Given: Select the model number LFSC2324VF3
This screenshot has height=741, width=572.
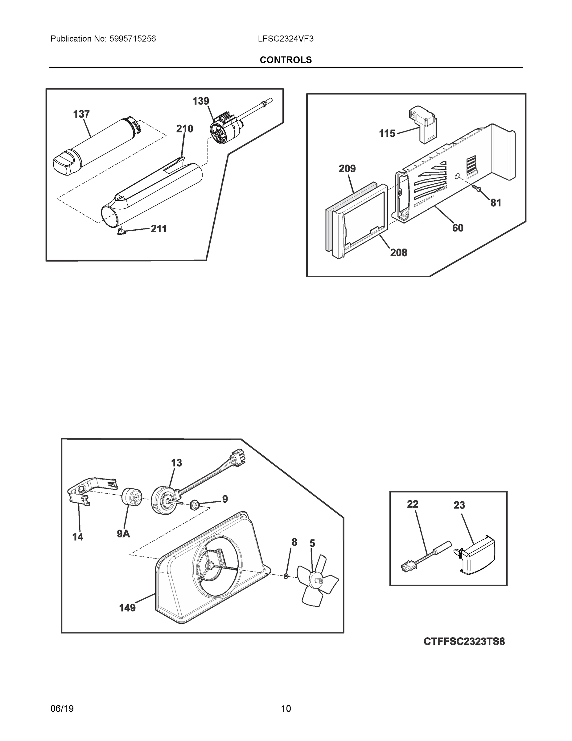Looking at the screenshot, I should pos(285,39).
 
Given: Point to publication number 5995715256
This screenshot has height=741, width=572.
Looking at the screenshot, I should pos(132,39).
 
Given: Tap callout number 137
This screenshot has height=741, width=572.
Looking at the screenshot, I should pos(81,114).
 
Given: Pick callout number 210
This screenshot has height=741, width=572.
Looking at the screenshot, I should pos(184,129).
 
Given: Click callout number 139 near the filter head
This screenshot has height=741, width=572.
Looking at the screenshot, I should pos(201,101).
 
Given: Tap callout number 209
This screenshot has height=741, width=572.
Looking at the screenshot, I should pos(347,169).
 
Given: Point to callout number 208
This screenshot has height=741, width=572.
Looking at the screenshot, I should pos(398,253).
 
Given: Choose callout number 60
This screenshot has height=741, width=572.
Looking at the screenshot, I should pos(458,228).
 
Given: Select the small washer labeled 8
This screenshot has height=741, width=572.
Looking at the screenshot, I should pos(286,576).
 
